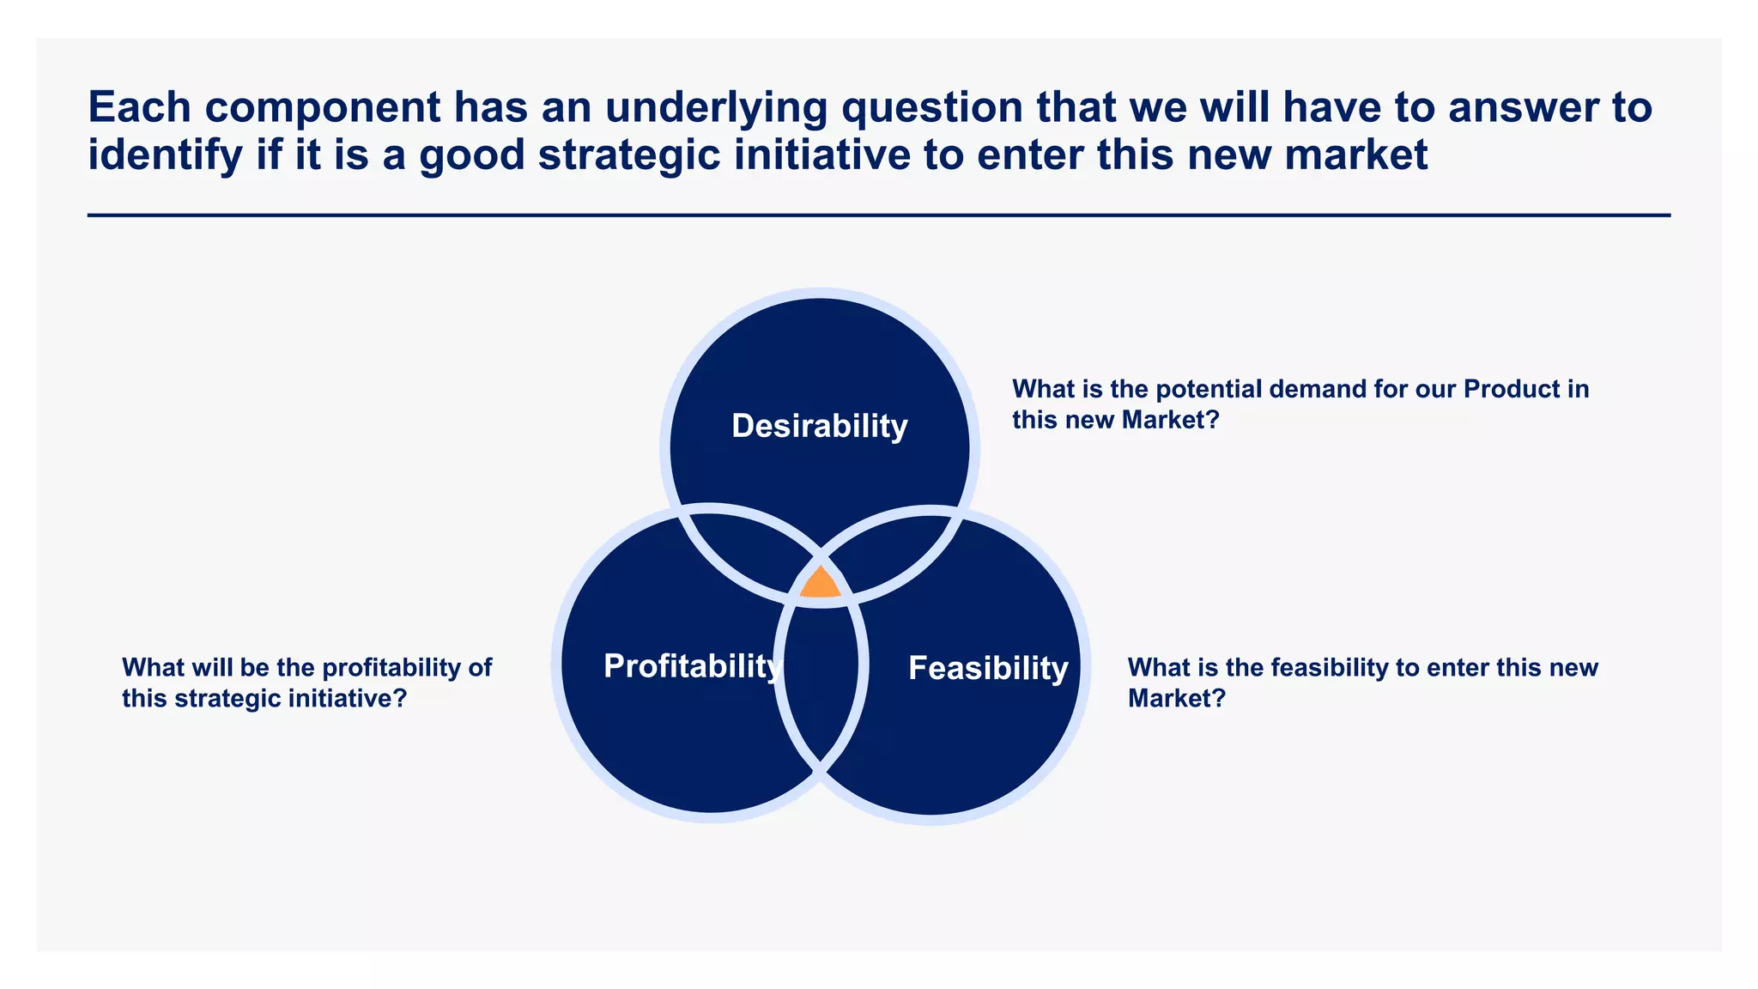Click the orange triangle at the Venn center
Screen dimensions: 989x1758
[x=820, y=585]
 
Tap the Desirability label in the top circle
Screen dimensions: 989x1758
[x=819, y=426]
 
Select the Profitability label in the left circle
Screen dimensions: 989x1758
[x=691, y=666]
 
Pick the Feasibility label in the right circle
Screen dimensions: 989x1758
[x=988, y=668]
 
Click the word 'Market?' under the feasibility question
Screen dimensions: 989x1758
[x=1176, y=699]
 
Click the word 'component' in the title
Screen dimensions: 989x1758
[x=323, y=108]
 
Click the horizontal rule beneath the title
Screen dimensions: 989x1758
[x=878, y=215]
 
